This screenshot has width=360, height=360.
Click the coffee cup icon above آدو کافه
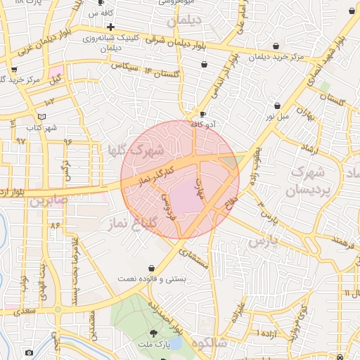203,114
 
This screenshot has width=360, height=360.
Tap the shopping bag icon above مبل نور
277,105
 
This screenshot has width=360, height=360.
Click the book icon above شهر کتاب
41,116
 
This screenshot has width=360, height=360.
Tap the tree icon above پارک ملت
154,333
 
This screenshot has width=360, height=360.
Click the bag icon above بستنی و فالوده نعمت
153,269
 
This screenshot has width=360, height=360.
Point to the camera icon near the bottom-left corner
28,352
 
